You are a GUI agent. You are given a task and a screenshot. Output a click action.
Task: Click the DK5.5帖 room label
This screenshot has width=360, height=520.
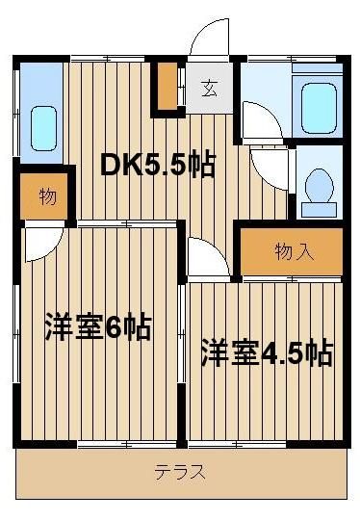158,165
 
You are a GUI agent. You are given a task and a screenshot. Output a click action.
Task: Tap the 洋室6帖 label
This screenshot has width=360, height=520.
98,326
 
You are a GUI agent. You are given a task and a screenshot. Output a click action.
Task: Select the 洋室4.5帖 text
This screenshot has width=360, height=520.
267,352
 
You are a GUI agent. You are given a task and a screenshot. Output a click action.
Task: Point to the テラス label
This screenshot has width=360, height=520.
180,472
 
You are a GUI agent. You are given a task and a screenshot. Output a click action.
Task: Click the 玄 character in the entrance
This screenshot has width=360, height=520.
210,89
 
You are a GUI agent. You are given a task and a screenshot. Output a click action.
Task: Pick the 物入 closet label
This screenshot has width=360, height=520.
295,251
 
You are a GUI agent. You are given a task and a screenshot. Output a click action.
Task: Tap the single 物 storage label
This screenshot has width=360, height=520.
48,197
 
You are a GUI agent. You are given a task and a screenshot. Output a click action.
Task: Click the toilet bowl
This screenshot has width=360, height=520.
319,185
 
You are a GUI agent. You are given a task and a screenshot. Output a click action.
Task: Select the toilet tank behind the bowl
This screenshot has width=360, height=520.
319,209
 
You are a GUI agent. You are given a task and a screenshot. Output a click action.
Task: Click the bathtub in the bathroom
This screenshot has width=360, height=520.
320,108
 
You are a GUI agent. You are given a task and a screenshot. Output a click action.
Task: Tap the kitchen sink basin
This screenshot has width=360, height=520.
43,128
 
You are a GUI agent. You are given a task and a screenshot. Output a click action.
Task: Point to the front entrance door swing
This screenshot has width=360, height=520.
210,38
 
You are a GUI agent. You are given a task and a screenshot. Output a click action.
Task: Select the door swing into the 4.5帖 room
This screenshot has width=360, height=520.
209,256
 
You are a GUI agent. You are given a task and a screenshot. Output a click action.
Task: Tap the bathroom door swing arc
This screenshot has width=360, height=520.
262,120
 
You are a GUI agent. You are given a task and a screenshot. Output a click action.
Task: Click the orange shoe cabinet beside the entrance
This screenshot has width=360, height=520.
167,86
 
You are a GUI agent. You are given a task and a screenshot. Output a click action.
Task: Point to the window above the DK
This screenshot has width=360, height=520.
108,59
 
